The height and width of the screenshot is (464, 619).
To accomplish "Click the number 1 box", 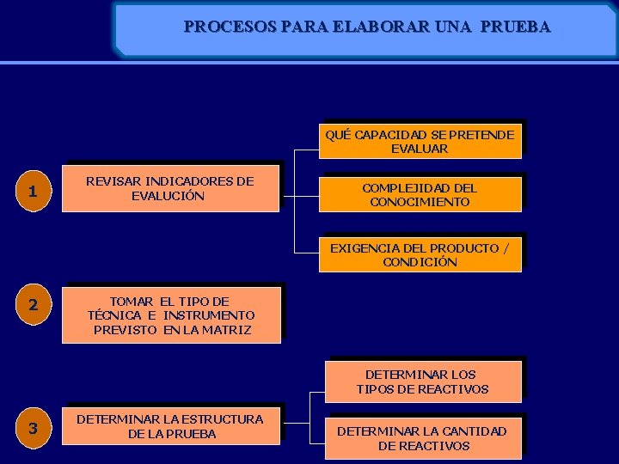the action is tap(33, 192).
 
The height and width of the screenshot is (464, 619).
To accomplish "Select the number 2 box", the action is tap(33, 305).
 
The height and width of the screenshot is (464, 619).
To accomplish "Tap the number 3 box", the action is tap(33, 429).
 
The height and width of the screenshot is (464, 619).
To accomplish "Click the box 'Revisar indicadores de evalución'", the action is tap(170, 188).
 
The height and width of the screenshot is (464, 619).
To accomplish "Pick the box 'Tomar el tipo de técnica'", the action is tap(171, 315).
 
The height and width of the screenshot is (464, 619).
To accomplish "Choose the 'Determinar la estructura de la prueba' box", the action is tap(170, 426).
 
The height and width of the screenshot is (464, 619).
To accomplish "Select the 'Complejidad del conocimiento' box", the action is tap(420, 194).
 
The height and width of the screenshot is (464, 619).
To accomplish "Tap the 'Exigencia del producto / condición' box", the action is tap(420, 255).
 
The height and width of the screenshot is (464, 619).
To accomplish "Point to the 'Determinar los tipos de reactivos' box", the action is tap(422, 382).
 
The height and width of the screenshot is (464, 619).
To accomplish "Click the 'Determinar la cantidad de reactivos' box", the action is tap(422, 438).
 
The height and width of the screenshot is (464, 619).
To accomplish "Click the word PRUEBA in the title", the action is tap(516, 27).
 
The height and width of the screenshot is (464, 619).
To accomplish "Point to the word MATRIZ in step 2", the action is tap(229, 330).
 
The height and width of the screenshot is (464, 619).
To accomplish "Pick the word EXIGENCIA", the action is tap(363, 248).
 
